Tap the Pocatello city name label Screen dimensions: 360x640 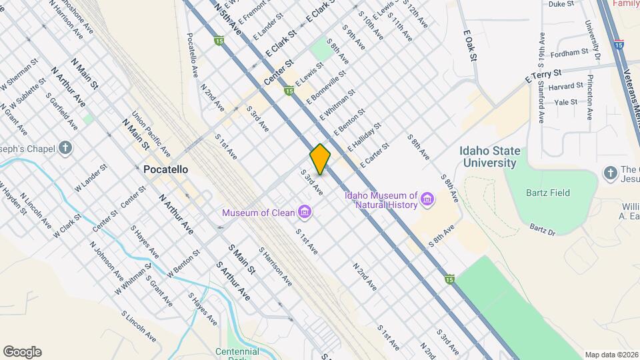pyautogui.click(x=165, y=170)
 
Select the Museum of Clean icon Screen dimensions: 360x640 pyautogui.click(x=305, y=213)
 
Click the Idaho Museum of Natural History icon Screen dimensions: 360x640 pyautogui.click(x=427, y=198)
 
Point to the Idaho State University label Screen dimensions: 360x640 pyautogui.click(x=489, y=157)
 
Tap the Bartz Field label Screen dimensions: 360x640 pyautogui.click(x=550, y=193)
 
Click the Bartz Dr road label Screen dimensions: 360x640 pyautogui.click(x=542, y=230)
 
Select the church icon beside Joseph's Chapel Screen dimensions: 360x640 pyautogui.click(x=64, y=147)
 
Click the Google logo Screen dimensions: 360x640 pyautogui.click(x=22, y=352)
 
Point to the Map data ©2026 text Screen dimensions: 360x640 pyautogui.click(x=611, y=355)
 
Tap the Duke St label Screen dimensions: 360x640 pyautogui.click(x=561, y=4)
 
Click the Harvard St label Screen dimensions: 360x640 pyautogui.click(x=565, y=86)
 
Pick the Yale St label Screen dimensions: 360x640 pyautogui.click(x=565, y=102)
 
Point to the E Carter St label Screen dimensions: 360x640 pyautogui.click(x=374, y=155)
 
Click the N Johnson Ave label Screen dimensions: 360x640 pyautogui.click(x=103, y=263)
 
